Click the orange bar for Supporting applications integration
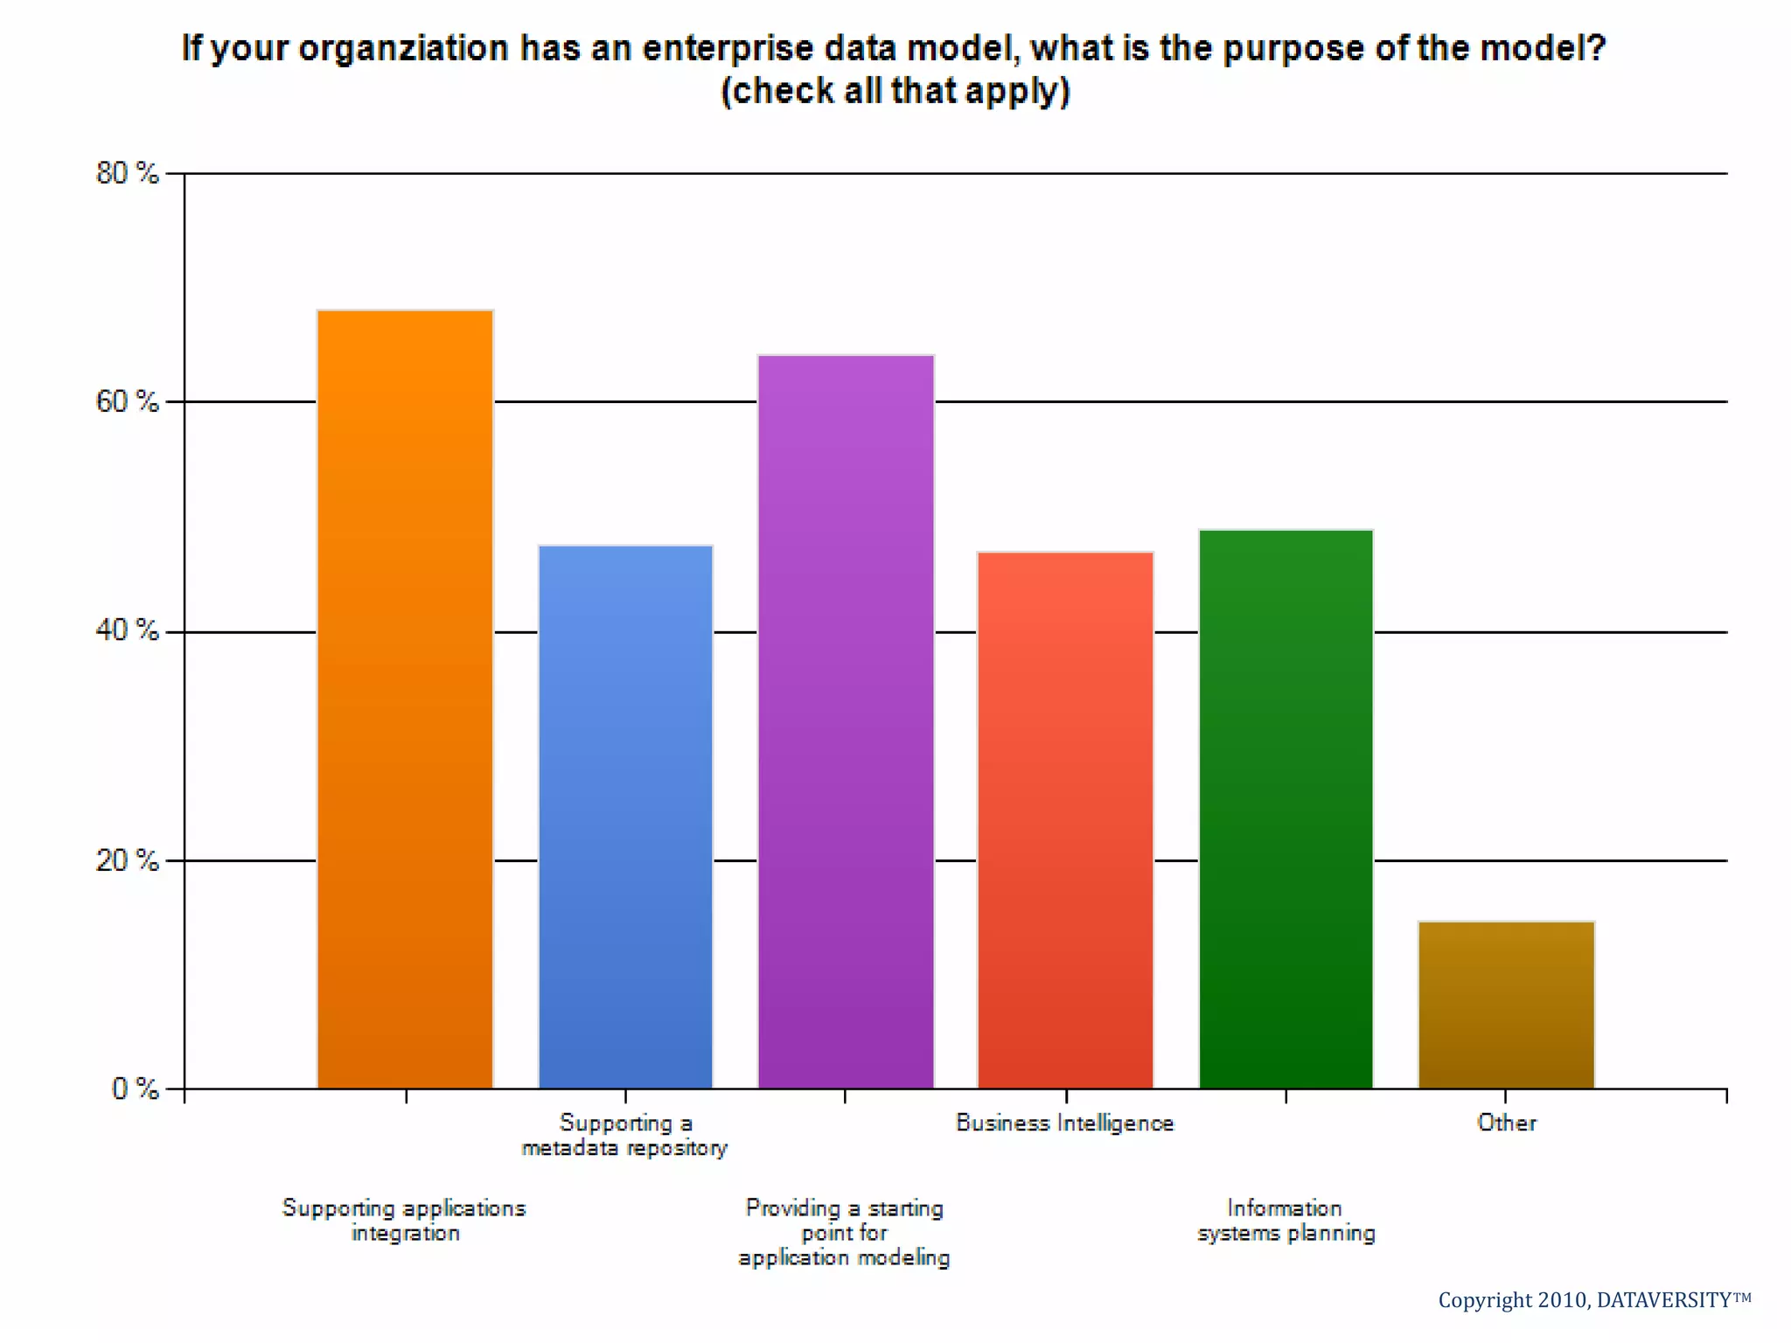[405, 699]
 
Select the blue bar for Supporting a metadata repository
[625, 818]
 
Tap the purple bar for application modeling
[846, 721]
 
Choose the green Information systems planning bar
[1286, 809]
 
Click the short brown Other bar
[1506, 1005]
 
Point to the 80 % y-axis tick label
[128, 173]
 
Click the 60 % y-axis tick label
[128, 401]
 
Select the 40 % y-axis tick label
[128, 630]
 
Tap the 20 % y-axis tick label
[128, 860]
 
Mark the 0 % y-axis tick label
[135, 1089]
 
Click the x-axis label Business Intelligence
[1064, 1123]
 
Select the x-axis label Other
[1506, 1123]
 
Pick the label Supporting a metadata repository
[624, 1135]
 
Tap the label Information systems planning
[1286, 1220]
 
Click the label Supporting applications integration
[404, 1220]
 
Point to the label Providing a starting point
[844, 1232]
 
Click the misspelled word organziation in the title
[403, 49]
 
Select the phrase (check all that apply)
[895, 91]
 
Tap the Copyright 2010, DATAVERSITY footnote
[1594, 1300]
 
